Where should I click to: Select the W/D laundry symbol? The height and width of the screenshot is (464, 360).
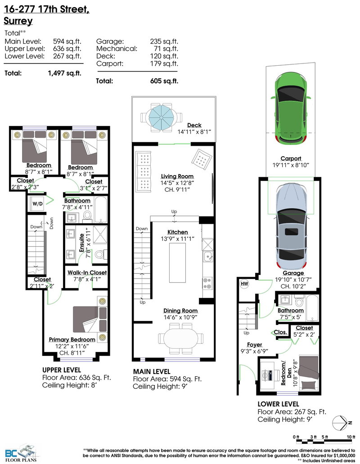coord(37,204)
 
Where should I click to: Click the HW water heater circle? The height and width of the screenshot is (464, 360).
coord(245,284)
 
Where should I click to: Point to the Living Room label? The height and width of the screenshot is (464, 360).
coord(177,176)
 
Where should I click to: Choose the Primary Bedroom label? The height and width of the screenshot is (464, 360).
coord(72,339)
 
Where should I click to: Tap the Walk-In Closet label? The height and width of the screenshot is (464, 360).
coord(87,273)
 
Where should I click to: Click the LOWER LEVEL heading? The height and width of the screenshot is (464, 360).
coord(278,404)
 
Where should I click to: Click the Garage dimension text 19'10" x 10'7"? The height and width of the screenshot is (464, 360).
coord(290,279)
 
